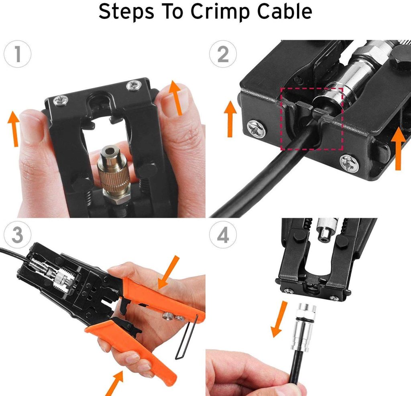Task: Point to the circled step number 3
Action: point(17,236)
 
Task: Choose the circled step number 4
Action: point(223,236)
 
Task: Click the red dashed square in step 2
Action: point(312,119)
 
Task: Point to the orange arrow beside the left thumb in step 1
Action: point(14,128)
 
